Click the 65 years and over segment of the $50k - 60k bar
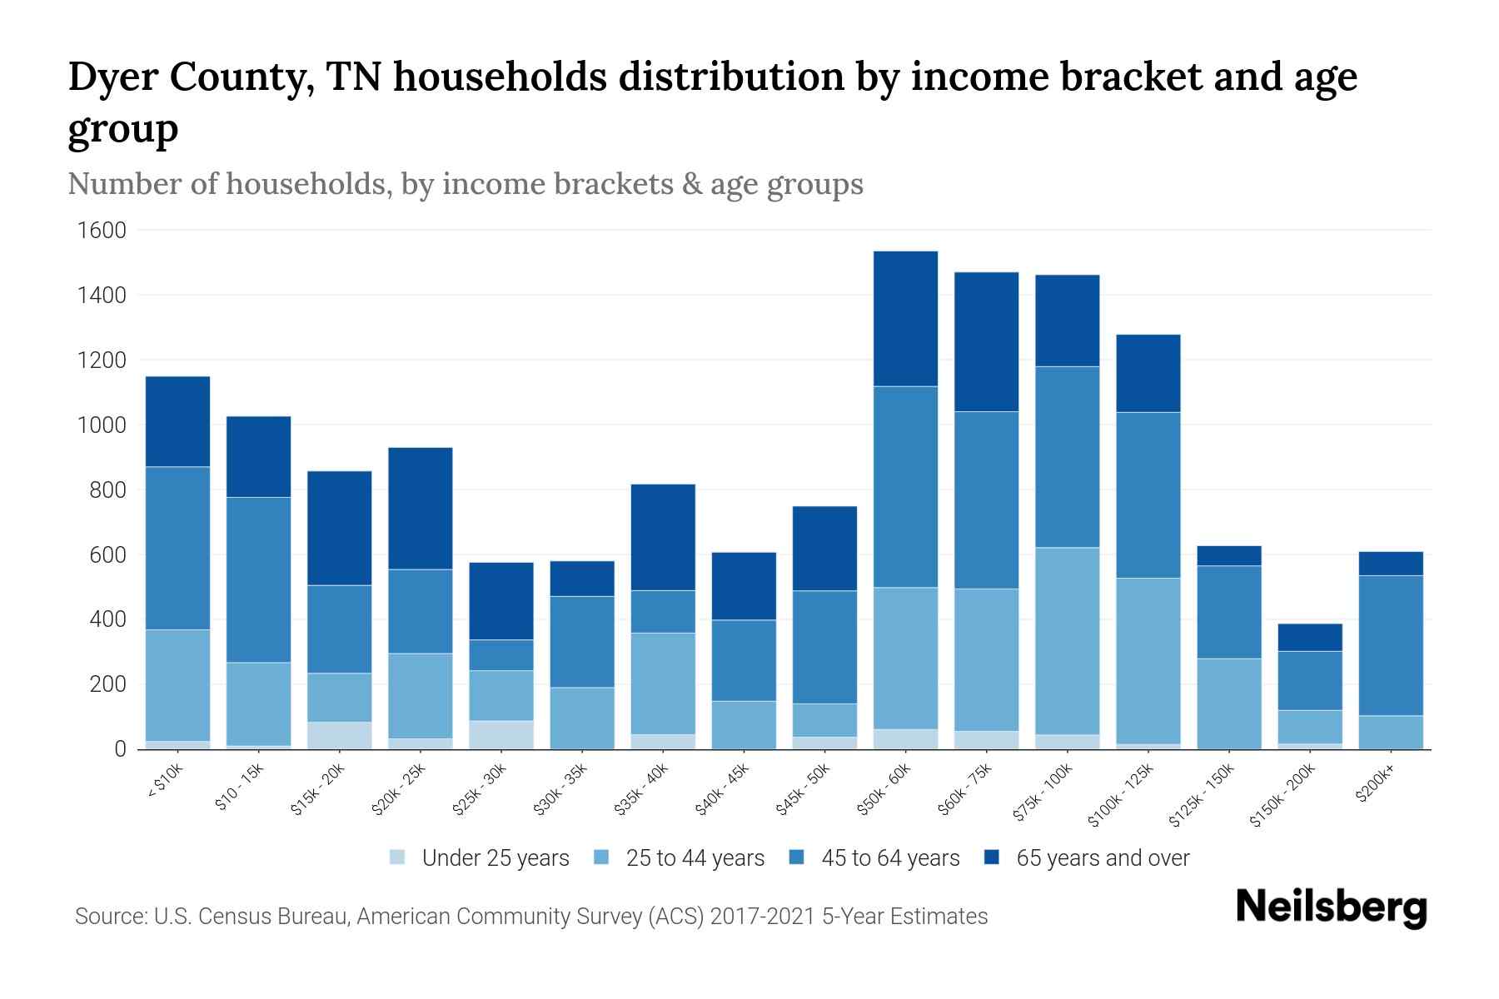point(905,319)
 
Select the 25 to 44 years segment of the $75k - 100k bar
point(1067,641)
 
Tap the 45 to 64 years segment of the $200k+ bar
point(1390,645)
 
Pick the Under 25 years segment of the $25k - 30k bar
point(501,735)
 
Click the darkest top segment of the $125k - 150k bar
point(1228,556)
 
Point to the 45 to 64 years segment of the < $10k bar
point(177,548)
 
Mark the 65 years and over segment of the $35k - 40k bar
point(663,537)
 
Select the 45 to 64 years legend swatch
point(797,858)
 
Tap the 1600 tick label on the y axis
point(102,231)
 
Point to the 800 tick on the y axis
point(108,490)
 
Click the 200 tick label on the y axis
point(108,685)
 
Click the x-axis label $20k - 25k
point(400,791)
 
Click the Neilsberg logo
point(1331,907)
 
